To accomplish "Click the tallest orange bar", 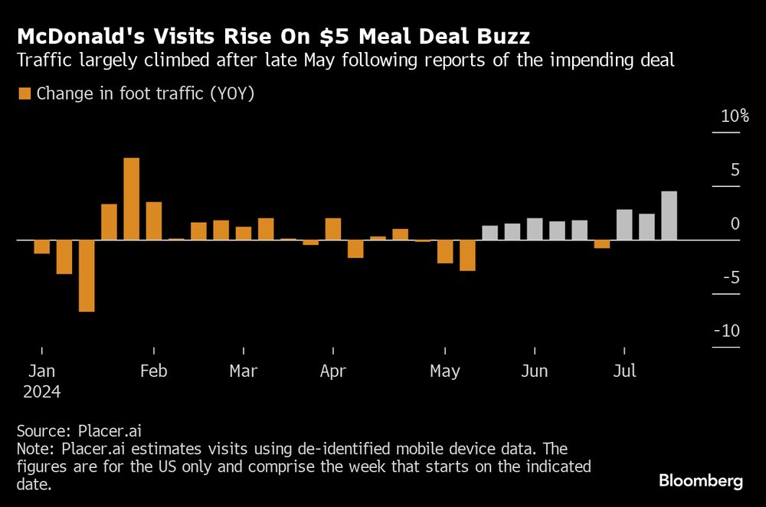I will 131,199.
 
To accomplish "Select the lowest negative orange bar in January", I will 87,276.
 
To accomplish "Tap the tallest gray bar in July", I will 669,216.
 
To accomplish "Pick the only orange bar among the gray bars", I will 602,244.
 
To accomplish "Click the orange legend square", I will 25,94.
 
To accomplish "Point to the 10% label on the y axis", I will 734,116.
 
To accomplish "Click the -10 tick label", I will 726,331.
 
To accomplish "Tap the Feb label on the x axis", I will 154,371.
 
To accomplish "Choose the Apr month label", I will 333,371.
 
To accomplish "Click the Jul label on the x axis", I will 625,371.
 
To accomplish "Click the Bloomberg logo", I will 701,481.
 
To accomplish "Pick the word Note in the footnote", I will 33,448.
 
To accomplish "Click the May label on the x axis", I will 445,371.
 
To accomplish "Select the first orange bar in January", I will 41,247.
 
